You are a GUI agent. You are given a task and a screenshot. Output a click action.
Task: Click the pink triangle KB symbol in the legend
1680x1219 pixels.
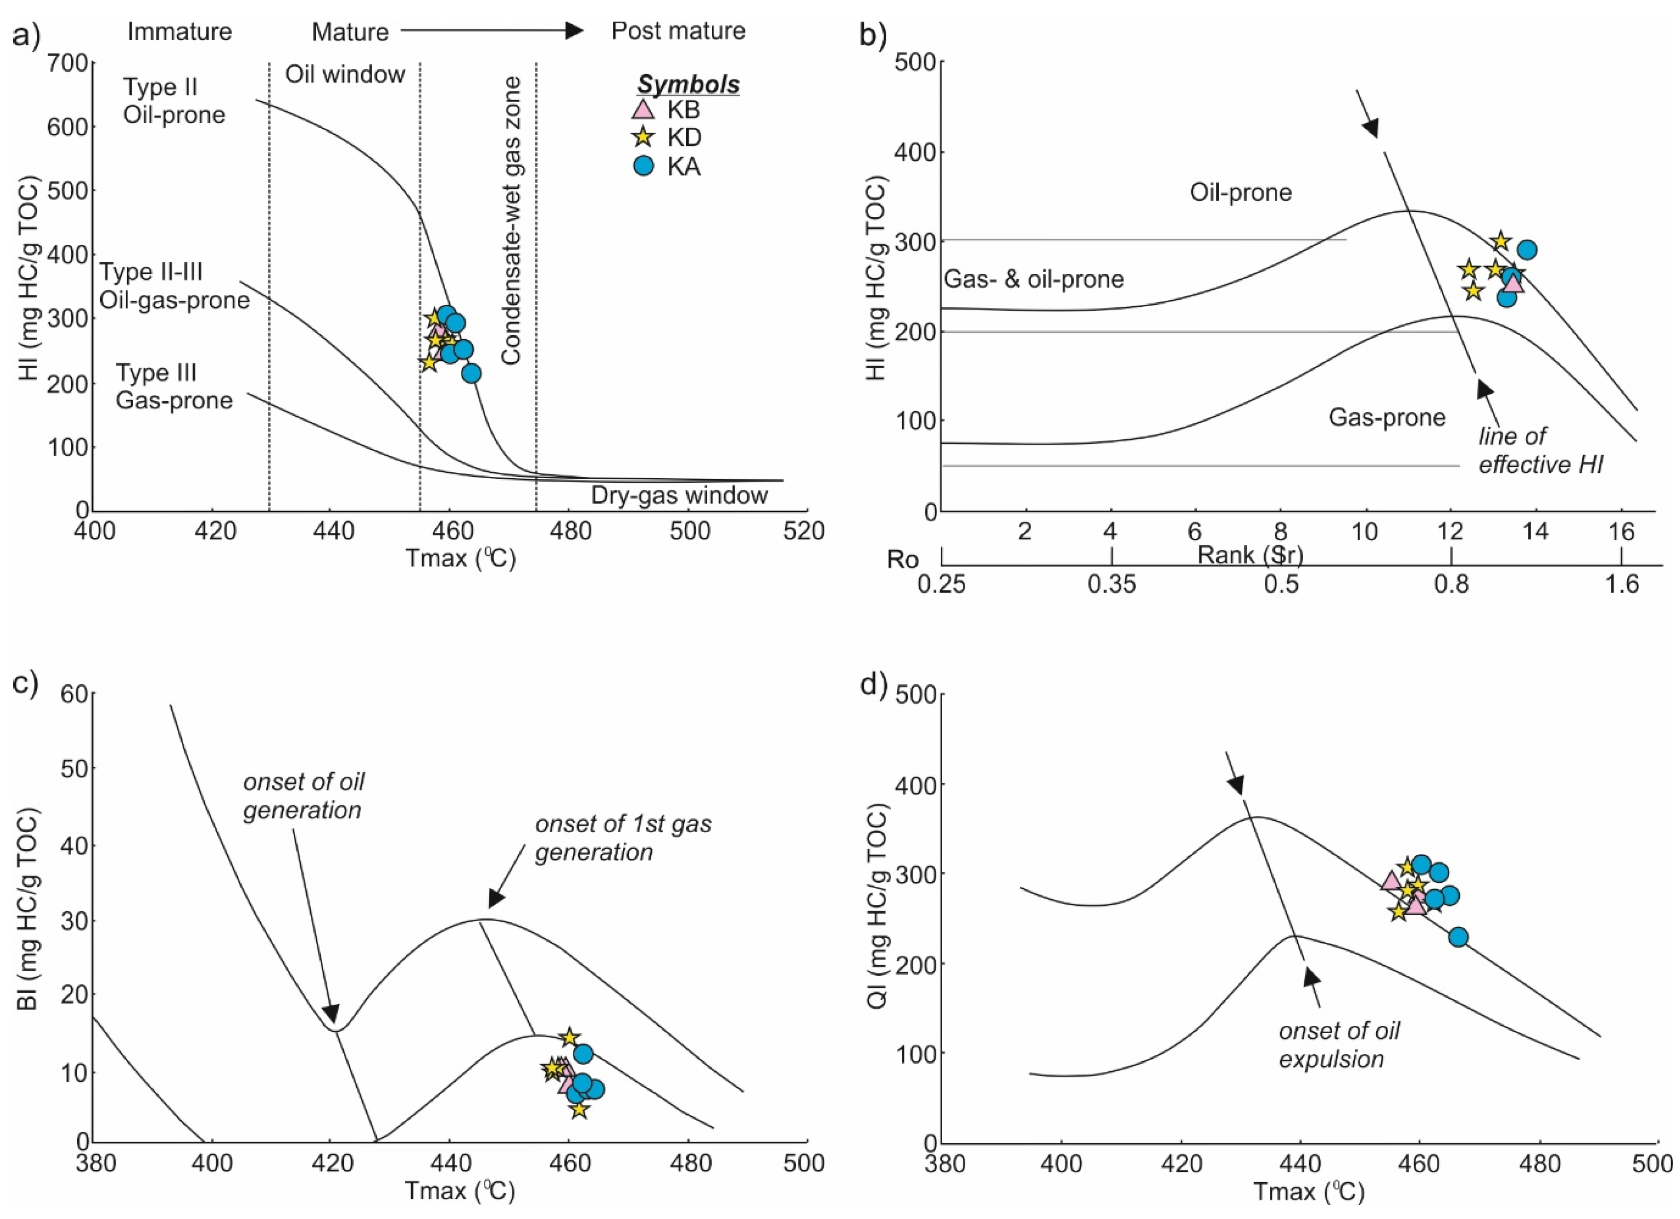pos(643,109)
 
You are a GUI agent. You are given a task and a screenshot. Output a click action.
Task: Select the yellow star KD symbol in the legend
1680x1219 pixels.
pos(643,137)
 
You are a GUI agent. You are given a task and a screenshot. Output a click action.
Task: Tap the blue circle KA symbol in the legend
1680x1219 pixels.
pos(644,166)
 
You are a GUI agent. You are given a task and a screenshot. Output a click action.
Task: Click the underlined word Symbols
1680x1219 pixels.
pos(689,85)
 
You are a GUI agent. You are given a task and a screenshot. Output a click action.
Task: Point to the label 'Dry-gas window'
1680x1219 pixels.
pos(679,495)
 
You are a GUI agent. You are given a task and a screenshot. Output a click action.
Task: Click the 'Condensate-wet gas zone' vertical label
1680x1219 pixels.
pos(511,221)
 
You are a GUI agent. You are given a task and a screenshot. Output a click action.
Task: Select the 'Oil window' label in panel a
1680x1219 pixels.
pos(345,74)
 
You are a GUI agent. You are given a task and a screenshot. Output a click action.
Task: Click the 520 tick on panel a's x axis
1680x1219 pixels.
pos(805,531)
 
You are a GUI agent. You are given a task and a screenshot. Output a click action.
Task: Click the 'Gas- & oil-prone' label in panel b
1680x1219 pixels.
pos(1034,279)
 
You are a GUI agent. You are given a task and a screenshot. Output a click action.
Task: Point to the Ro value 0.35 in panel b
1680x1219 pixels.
pos(1111,584)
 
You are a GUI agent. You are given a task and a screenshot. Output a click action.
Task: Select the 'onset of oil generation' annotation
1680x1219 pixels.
pos(304,796)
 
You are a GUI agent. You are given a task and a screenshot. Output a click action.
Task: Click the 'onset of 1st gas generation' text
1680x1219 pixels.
pos(623,838)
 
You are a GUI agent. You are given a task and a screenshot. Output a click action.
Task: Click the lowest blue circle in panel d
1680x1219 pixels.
pos(1458,937)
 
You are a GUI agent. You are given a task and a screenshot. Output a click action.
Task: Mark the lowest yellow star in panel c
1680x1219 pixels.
pos(579,1109)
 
